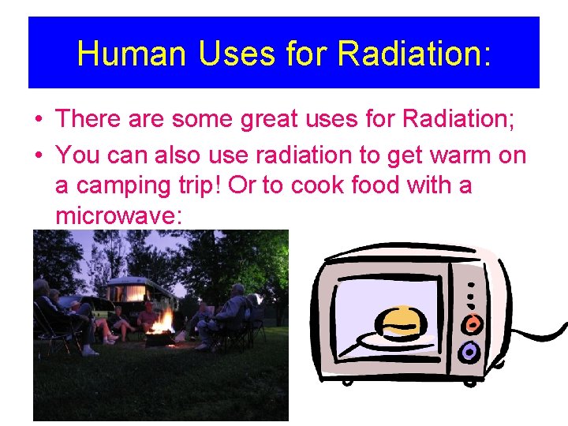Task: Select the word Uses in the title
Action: click(226, 54)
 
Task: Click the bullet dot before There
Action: click(39, 120)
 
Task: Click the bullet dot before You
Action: click(39, 155)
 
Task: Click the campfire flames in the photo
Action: click(163, 321)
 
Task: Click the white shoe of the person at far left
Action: click(89, 351)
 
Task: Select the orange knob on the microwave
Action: click(471, 323)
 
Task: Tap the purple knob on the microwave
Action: click(469, 351)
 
